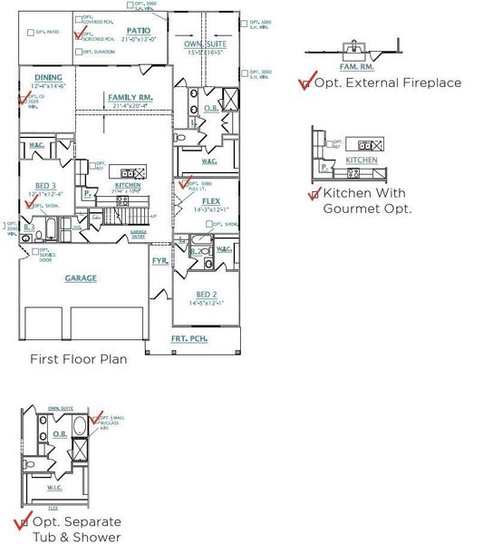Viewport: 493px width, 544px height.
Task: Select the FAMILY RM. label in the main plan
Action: [129, 97]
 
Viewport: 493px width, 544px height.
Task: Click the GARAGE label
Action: [81, 278]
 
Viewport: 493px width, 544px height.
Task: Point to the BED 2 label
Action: [206, 295]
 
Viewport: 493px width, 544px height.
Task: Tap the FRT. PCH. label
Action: [189, 338]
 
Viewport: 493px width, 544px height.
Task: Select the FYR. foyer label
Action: [159, 260]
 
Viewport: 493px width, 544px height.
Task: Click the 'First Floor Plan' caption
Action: [79, 359]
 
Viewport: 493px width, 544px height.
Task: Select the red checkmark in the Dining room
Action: [22, 97]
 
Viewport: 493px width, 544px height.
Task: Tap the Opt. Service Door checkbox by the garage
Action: [34, 251]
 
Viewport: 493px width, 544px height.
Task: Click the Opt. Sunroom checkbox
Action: [77, 53]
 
